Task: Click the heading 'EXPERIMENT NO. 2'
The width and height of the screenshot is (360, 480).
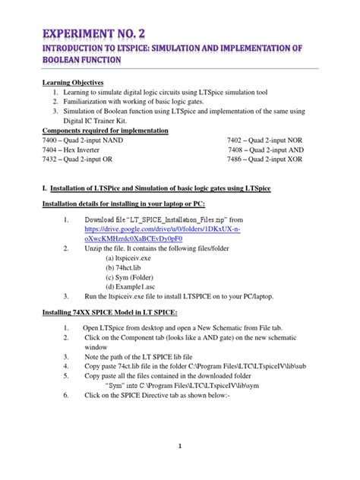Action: tap(96, 35)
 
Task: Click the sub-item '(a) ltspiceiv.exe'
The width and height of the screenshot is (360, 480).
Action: tap(135, 258)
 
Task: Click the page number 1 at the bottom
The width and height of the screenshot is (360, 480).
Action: tap(180, 447)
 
